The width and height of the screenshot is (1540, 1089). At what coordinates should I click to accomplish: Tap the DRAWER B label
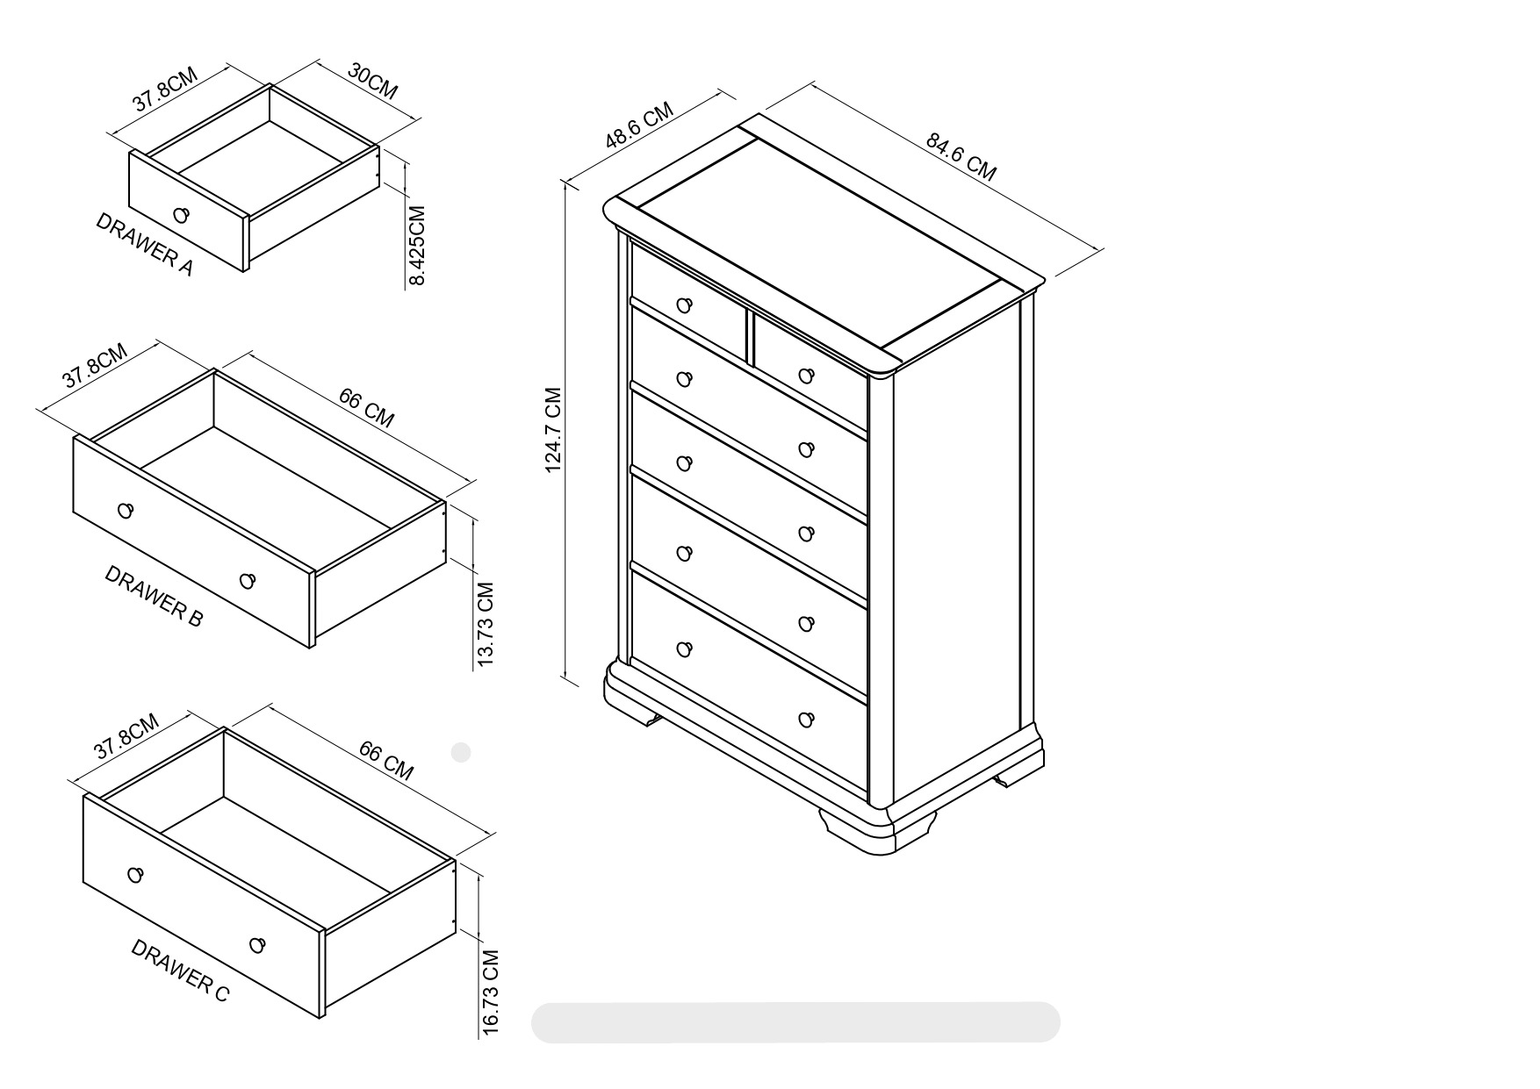pyautogui.click(x=154, y=596)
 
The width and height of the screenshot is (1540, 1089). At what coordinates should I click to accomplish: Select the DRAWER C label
pyautogui.click(x=180, y=971)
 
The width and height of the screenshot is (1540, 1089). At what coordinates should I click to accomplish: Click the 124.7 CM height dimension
pyautogui.click(x=553, y=430)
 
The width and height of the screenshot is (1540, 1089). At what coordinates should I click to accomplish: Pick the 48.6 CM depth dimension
pyautogui.click(x=639, y=125)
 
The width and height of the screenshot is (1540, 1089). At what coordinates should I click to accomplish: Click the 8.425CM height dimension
pyautogui.click(x=417, y=246)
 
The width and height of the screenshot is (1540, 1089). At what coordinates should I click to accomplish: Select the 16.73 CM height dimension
pyautogui.click(x=491, y=992)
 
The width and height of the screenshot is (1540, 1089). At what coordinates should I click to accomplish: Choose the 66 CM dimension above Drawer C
pyautogui.click(x=385, y=760)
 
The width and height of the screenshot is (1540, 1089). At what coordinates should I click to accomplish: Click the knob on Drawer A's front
pyautogui.click(x=182, y=215)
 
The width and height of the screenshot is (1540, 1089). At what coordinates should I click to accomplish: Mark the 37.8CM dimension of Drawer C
pyautogui.click(x=126, y=735)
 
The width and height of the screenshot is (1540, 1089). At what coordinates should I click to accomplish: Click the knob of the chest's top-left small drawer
pyautogui.click(x=685, y=305)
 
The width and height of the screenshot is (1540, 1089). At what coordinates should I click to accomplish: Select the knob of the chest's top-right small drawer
pyautogui.click(x=807, y=376)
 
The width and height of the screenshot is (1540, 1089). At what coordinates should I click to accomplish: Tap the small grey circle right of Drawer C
pyautogui.click(x=461, y=752)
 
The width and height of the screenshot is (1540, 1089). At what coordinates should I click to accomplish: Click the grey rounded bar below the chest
pyautogui.click(x=795, y=1022)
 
